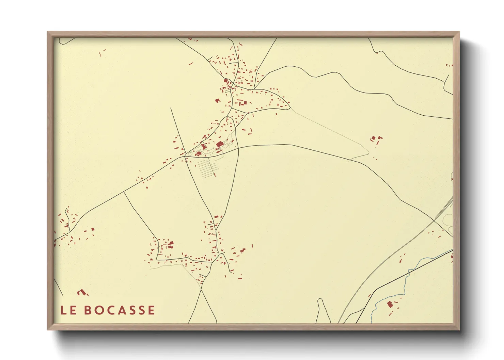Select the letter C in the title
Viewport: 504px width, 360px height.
(114, 310)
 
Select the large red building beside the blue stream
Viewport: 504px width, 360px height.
(390, 304)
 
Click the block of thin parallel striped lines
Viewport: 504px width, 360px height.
(207, 169)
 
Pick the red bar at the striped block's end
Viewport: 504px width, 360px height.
(215, 175)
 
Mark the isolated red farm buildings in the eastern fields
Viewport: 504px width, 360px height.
(376, 139)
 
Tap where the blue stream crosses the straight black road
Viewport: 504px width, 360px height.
(409, 272)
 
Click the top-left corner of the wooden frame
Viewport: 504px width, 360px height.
(48, 32)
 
